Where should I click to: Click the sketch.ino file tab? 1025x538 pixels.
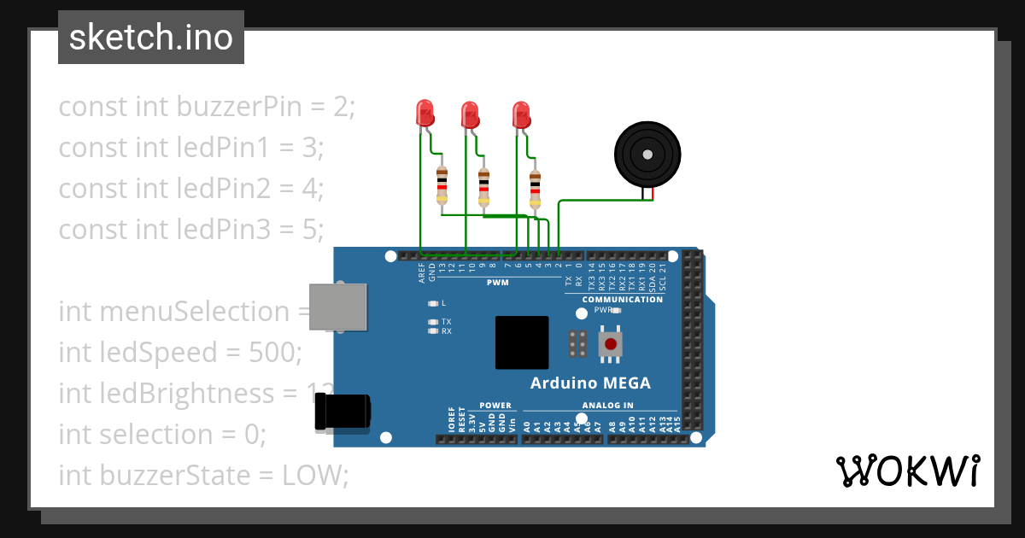(151, 38)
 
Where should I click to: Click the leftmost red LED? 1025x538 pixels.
(425, 113)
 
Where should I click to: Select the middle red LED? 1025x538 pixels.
(470, 114)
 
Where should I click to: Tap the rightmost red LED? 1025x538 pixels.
(521, 114)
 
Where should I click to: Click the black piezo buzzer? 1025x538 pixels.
(648, 155)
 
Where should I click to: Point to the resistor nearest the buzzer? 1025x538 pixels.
(536, 188)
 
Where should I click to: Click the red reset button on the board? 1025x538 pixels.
(611, 344)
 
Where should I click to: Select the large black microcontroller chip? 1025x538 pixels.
(522, 342)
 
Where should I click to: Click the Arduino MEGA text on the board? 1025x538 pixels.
(590, 383)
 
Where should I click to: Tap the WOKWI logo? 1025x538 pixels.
(906, 471)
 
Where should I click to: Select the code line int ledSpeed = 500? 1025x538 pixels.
(180, 353)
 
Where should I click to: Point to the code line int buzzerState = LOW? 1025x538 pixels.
(203, 476)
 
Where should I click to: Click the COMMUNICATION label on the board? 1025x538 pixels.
(623, 300)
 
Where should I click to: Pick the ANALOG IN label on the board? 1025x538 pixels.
(607, 406)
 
